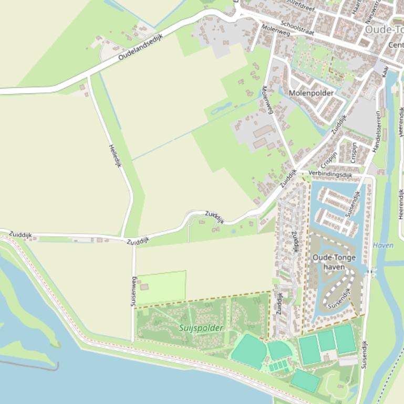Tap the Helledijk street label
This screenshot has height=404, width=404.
click(115, 155)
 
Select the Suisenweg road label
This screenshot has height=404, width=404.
click(133, 291)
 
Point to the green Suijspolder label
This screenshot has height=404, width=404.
click(201, 328)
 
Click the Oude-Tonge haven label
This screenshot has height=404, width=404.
click(334, 262)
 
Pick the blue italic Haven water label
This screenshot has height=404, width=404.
click(383, 245)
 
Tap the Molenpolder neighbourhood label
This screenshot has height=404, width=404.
click(312, 93)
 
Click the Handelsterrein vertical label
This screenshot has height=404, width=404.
click(376, 131)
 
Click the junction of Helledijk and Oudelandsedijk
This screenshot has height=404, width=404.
click(88, 77)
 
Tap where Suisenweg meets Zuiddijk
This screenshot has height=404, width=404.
click(133, 243)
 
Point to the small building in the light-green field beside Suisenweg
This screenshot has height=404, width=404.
click(144, 287)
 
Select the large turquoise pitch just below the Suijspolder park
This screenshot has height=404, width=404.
click(248, 350)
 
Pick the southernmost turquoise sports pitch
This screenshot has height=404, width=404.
click(304, 380)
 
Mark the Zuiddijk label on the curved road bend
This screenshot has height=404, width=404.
click(214, 217)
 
